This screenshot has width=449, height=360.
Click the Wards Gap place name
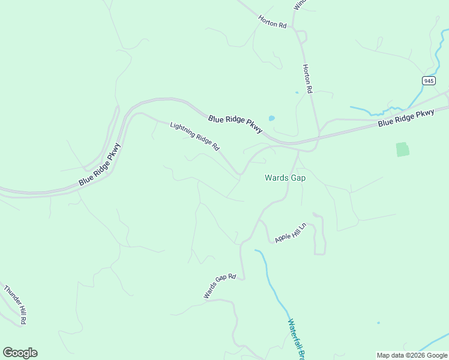286,178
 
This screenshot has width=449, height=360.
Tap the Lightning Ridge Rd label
195,136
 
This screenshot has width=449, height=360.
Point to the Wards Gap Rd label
220,287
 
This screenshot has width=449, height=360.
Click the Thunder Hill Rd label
16,305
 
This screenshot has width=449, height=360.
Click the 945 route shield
428,80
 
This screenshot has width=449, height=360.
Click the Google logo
20,353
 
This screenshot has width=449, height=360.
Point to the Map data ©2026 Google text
412,355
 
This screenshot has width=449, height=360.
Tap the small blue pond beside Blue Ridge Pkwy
272,118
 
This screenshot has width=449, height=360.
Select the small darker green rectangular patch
402,149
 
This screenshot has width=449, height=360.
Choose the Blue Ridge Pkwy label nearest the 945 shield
406,118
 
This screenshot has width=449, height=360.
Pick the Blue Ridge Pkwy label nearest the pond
235,124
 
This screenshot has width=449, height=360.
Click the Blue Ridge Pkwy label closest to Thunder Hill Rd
100,164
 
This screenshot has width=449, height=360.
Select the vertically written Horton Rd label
308,79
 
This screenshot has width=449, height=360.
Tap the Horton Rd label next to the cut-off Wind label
273,22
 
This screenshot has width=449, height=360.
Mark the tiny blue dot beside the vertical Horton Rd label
297,92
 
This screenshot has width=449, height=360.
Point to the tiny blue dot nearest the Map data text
378,323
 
